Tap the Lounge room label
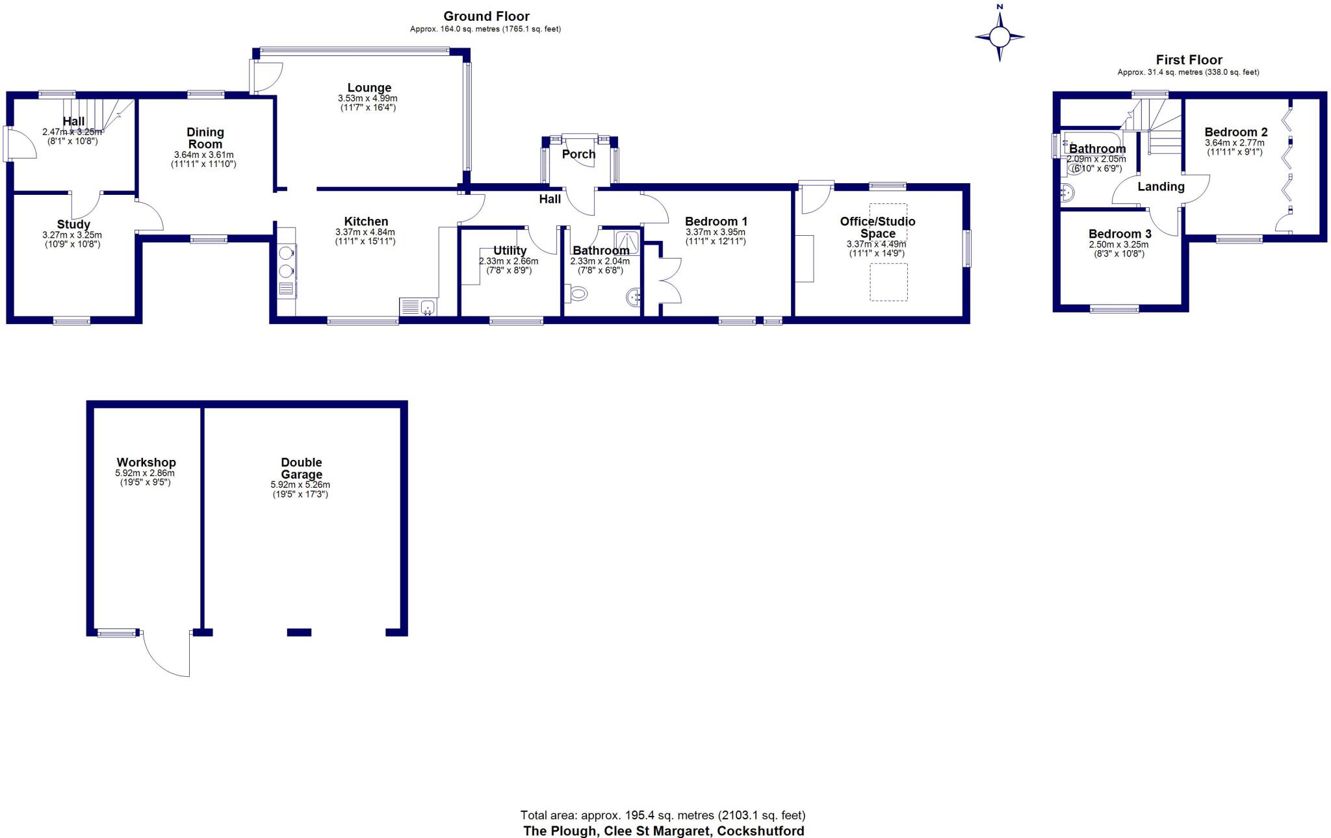(368, 88)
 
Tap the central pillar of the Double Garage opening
(299, 632)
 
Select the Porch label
(578, 154)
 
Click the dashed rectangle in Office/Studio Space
(888, 282)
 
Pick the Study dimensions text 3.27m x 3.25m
(71, 235)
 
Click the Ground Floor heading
(486, 16)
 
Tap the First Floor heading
(1189, 60)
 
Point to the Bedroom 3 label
(1119, 234)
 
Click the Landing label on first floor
(1161, 186)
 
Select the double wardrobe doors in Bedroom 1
(671, 281)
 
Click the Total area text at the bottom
(663, 815)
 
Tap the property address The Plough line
(663, 831)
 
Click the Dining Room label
(205, 138)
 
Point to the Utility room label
(510, 250)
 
